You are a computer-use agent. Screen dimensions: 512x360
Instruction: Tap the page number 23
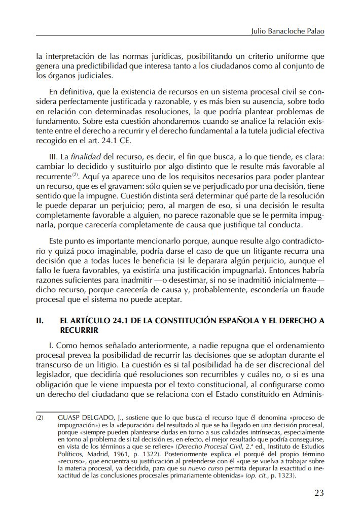coord(319,492)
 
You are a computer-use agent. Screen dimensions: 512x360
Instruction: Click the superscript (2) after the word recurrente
coord(74,175)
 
